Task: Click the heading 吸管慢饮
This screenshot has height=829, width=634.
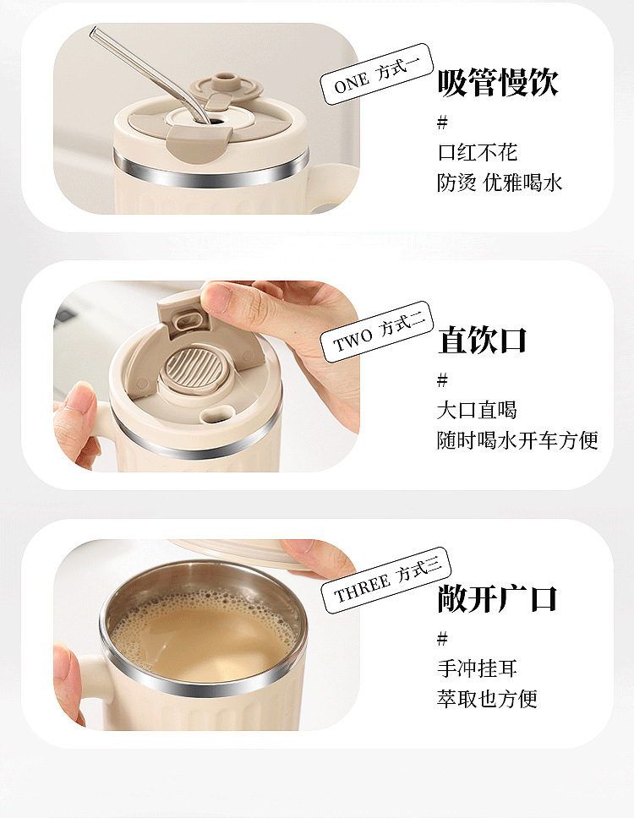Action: pyautogui.click(x=498, y=83)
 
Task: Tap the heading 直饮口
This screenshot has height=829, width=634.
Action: pyautogui.click(x=482, y=340)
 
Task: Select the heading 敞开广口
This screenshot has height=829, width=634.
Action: pyautogui.click(x=497, y=598)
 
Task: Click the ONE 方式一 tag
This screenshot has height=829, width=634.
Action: pyautogui.click(x=376, y=74)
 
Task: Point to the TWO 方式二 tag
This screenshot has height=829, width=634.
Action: pyautogui.click(x=376, y=332)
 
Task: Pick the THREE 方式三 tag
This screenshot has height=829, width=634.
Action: pyautogui.click(x=385, y=581)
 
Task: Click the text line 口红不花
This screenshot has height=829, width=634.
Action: pyautogui.click(x=477, y=152)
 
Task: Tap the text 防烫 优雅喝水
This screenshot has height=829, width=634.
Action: pyautogui.click(x=499, y=183)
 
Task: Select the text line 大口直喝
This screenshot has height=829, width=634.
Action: pyautogui.click(x=477, y=410)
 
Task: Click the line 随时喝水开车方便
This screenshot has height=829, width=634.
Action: pyautogui.click(x=517, y=440)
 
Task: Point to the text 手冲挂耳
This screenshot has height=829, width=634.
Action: pyautogui.click(x=477, y=668)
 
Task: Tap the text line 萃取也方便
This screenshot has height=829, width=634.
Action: pyautogui.click(x=487, y=699)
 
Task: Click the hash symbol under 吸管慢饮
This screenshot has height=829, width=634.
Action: pyautogui.click(x=442, y=123)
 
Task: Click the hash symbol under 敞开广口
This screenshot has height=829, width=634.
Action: pyautogui.click(x=442, y=639)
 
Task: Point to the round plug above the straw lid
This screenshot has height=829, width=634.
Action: pyautogui.click(x=227, y=85)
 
